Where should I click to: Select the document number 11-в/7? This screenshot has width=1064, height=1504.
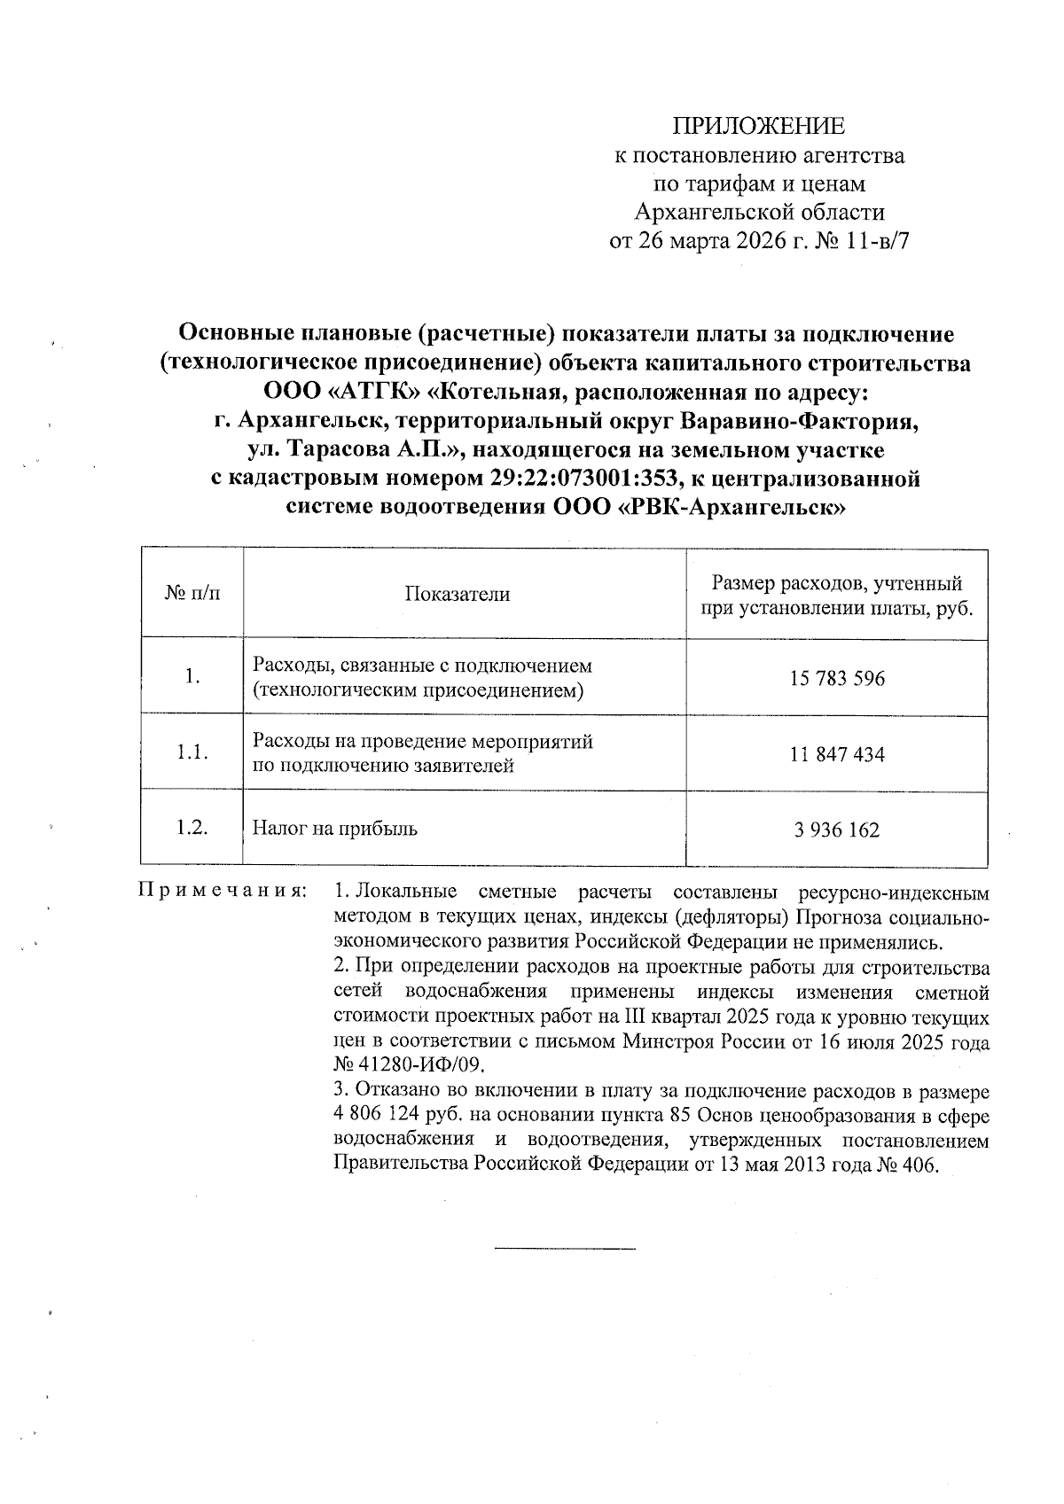tap(878, 241)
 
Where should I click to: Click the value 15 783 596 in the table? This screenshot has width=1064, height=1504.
tap(837, 679)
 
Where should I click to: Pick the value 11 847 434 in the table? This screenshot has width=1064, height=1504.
tap(837, 754)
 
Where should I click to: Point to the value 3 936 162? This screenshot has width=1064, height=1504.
tap(837, 830)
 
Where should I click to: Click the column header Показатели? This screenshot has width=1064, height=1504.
tap(457, 595)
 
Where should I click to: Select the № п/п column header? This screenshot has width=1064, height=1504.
tap(192, 593)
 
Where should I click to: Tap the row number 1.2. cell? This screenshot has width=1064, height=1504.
tap(192, 829)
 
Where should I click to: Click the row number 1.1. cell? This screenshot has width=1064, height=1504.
tap(192, 753)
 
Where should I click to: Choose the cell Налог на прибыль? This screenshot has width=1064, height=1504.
tap(335, 830)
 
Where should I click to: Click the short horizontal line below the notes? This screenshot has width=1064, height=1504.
tap(564, 1250)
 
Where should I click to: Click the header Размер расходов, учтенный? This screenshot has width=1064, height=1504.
tap(837, 584)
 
